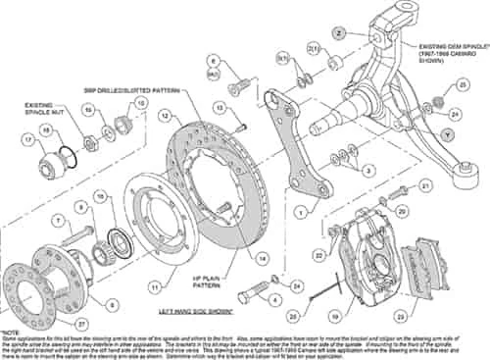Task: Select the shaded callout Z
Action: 337,32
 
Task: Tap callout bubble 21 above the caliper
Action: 425,183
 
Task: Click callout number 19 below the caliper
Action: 335,316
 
